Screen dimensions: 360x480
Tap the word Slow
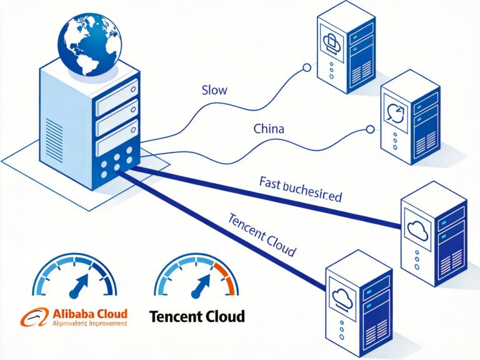click(x=214, y=90)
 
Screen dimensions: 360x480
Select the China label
click(x=269, y=129)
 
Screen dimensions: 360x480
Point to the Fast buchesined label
click(x=300, y=189)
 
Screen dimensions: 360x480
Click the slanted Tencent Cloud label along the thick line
click(x=261, y=234)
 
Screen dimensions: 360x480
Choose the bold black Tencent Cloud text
click(x=197, y=316)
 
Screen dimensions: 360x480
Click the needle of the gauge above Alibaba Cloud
click(x=78, y=287)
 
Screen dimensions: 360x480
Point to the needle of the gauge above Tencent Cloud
click(x=200, y=287)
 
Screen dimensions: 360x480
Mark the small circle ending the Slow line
click(x=306, y=67)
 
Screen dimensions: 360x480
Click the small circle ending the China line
click(x=369, y=129)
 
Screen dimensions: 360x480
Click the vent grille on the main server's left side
click(x=55, y=138)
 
